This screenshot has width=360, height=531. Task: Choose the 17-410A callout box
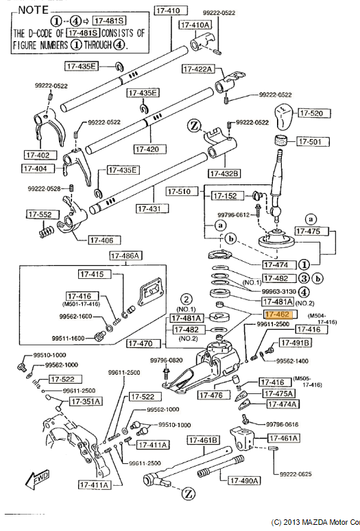pos(195,25)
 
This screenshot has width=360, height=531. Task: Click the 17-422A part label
pos(199,69)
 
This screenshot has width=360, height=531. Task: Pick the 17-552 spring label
pos(39,214)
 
